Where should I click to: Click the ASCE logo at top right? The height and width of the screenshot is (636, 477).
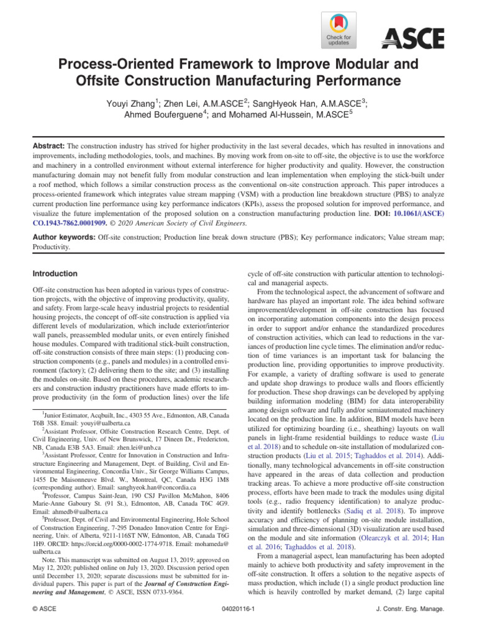coord(412,39)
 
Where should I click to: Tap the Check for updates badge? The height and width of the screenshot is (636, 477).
coord(338,31)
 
